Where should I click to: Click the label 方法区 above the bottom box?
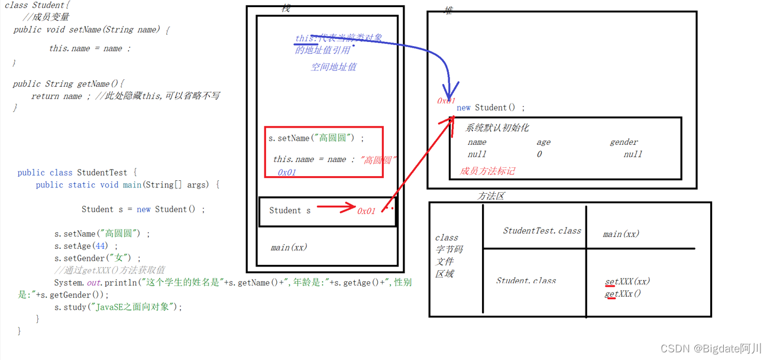491,196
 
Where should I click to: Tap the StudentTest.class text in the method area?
542,231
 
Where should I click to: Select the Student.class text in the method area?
526,281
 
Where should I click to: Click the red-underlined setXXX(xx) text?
627,281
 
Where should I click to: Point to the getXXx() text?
623,294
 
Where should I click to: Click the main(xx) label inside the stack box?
289,247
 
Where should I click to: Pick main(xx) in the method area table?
621,234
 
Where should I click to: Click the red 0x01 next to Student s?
366,211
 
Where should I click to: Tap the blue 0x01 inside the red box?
287,173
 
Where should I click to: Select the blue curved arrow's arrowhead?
449,96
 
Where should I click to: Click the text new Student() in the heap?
490,108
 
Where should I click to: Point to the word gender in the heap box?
624,142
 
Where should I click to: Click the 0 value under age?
539,154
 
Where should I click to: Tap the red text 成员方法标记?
487,171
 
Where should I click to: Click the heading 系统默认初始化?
497,128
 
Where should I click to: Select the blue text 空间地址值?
334,67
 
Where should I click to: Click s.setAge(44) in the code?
86,246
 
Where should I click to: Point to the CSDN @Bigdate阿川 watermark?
711,349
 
